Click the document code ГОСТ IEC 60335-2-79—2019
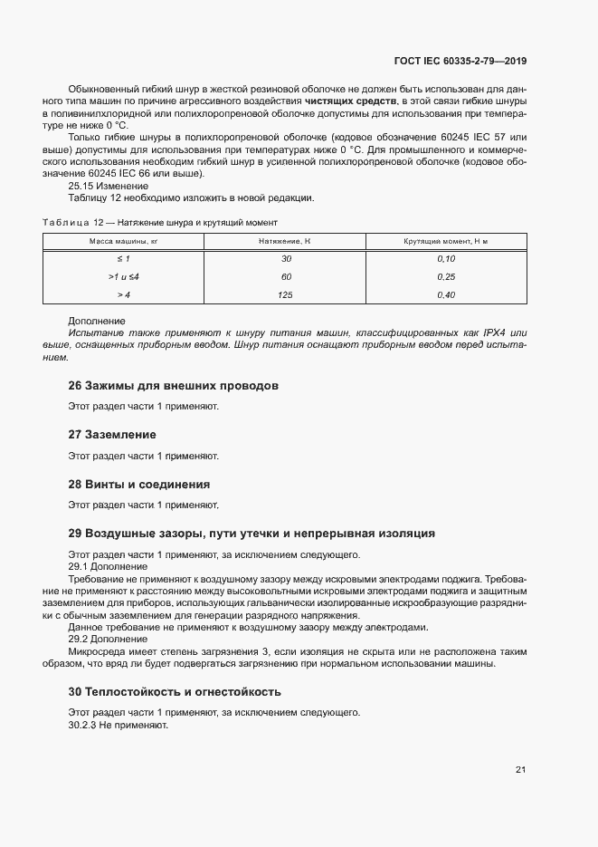(x=460, y=62)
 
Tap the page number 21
(x=520, y=769)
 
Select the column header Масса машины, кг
(x=123, y=241)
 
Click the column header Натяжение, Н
(x=285, y=241)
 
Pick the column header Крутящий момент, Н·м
(x=445, y=241)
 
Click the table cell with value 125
(x=286, y=294)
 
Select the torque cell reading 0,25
(x=445, y=276)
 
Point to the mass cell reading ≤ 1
(x=124, y=258)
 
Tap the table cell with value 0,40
(x=445, y=294)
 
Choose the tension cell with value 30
(x=286, y=258)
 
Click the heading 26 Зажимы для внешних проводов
(x=173, y=386)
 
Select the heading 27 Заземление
(x=112, y=435)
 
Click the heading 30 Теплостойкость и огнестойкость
(x=175, y=691)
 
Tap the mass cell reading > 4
(x=124, y=294)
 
